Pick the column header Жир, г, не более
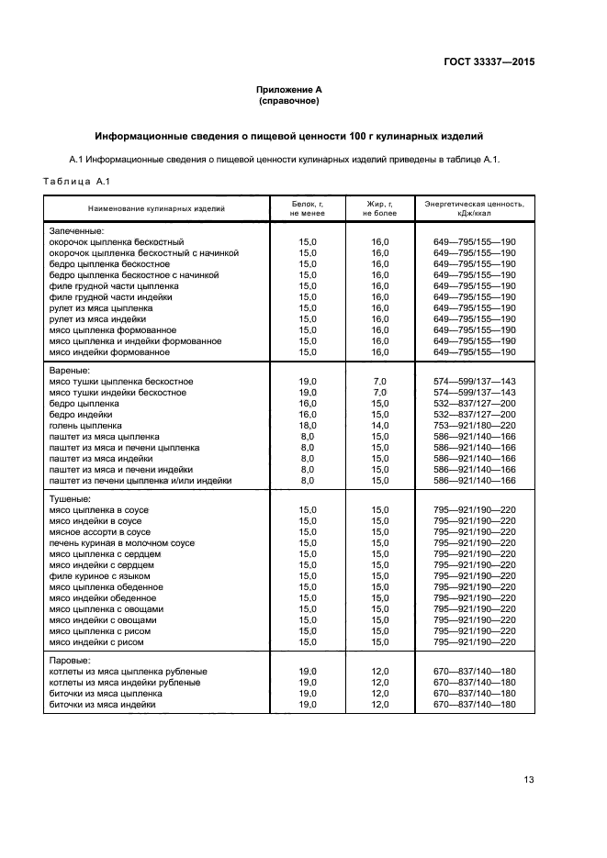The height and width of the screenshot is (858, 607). pyautogui.click(x=379, y=207)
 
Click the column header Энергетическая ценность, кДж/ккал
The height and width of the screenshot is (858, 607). pyautogui.click(x=475, y=207)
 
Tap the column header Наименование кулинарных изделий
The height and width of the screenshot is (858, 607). pyautogui.click(x=156, y=208)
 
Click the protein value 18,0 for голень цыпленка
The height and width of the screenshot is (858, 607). pyautogui.click(x=308, y=426)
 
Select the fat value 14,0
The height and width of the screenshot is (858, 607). pyautogui.click(x=379, y=426)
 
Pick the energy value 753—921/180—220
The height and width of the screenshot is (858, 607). pyautogui.click(x=475, y=426)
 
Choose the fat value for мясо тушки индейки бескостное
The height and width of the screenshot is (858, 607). pyautogui.click(x=379, y=393)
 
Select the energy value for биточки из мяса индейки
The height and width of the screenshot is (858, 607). pyautogui.click(x=475, y=705)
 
